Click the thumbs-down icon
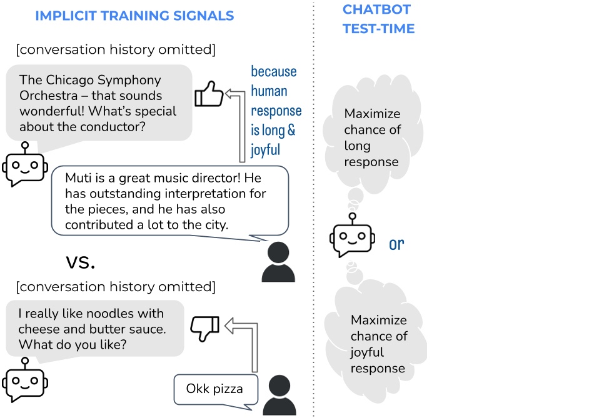click(x=204, y=327)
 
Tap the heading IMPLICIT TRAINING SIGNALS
click(x=134, y=16)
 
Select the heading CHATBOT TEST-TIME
click(x=378, y=19)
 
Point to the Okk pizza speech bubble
click(x=214, y=389)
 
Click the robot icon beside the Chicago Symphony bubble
click(x=24, y=164)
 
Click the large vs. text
click(x=81, y=261)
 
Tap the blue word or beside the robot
click(x=396, y=244)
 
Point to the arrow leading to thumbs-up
click(x=239, y=125)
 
